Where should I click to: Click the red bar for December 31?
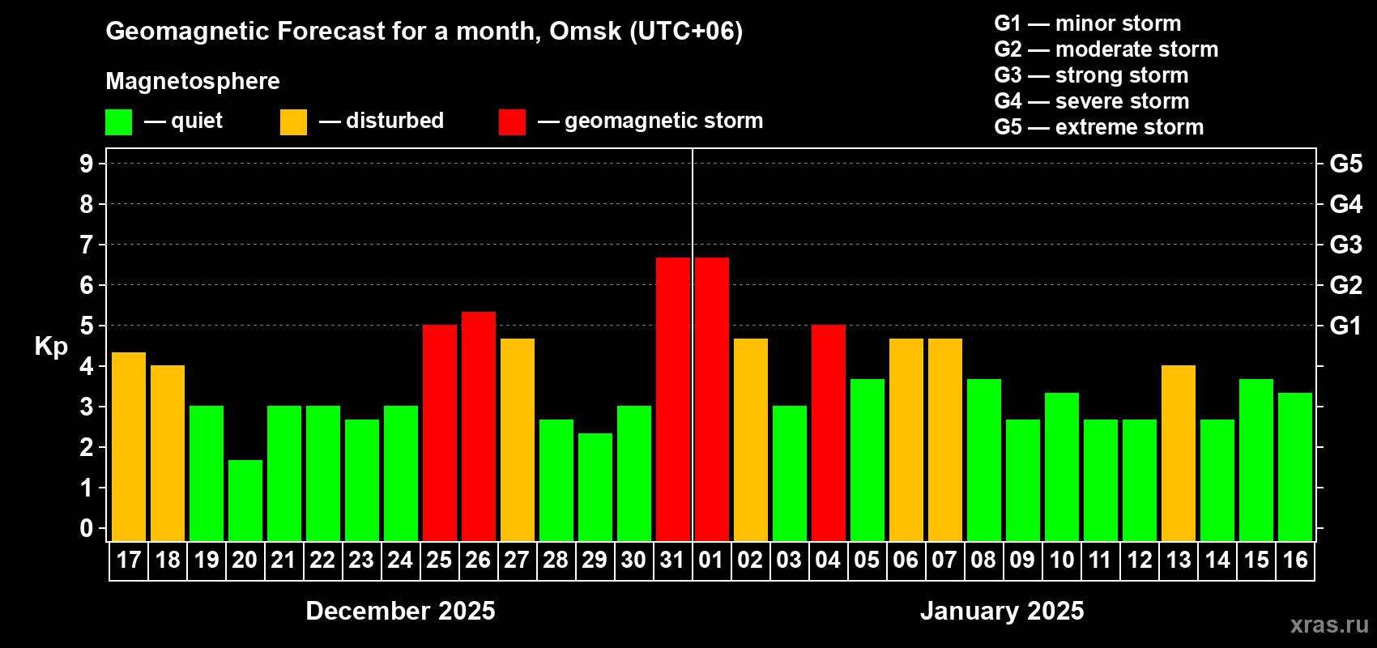[x=673, y=399]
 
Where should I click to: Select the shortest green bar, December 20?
[x=245, y=500]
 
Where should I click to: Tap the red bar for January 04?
[x=829, y=433]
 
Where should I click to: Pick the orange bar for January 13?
[x=1179, y=453]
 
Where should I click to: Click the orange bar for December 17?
[x=129, y=446]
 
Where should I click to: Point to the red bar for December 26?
[x=479, y=426]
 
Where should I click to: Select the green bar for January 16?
[x=1295, y=467]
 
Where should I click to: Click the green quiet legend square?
[x=119, y=122]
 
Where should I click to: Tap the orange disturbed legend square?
[x=294, y=122]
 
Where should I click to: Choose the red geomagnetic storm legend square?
[x=512, y=122]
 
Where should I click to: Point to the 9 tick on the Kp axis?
[x=87, y=164]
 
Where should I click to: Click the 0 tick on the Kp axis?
[x=87, y=528]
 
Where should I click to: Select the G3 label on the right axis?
[x=1345, y=245]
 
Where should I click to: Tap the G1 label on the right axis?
[x=1345, y=326]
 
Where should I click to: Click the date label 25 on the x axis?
[x=439, y=560]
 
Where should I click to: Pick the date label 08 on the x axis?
[x=983, y=560]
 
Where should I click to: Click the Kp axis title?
[x=51, y=346]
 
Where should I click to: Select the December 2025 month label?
[x=400, y=611]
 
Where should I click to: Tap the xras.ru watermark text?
[x=1329, y=625]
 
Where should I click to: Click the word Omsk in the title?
[x=585, y=31]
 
